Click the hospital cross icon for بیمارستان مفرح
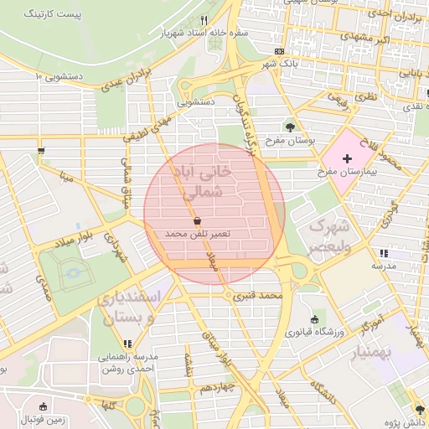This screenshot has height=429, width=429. click(x=349, y=158)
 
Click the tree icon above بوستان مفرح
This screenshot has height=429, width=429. click(x=290, y=127)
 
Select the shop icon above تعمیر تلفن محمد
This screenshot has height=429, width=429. click(x=197, y=220)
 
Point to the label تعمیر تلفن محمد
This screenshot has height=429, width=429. click(x=197, y=232)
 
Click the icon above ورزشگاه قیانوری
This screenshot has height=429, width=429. click(x=314, y=319)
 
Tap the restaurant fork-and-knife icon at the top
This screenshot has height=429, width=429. click(x=204, y=21)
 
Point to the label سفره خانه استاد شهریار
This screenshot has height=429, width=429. click(x=204, y=34)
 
